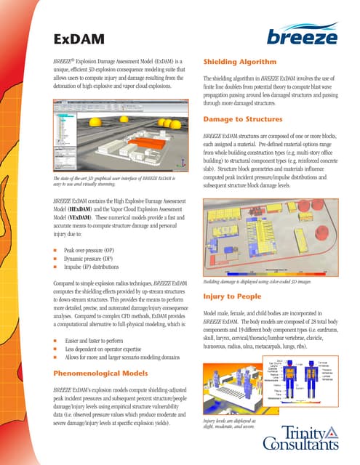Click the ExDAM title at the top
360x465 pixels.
79,38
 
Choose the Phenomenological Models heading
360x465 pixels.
111,373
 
